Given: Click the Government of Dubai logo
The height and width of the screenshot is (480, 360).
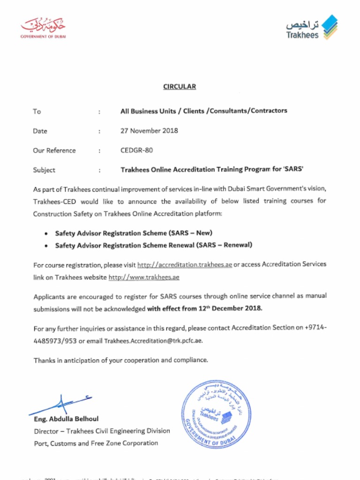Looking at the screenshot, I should (43, 28).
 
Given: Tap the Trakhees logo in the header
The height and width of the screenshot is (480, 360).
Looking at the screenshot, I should (311, 28).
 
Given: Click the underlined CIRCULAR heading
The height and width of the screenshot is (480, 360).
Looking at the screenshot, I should (180, 86).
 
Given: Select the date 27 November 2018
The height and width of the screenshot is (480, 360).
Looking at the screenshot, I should (149, 131).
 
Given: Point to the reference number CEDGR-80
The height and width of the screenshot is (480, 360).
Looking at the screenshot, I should (136, 150).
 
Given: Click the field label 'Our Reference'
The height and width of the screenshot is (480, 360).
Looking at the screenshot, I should (54, 150).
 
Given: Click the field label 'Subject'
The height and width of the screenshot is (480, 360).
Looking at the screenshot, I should (44, 170).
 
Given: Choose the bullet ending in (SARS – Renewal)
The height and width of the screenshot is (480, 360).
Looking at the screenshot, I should (154, 245).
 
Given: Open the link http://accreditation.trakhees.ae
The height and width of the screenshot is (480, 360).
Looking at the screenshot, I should (184, 264).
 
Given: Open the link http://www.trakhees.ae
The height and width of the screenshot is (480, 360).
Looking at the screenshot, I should (144, 277).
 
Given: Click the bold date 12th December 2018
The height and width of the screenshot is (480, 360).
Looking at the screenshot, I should (230, 308).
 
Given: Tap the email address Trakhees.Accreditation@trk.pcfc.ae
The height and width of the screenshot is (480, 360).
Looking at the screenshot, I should (153, 341).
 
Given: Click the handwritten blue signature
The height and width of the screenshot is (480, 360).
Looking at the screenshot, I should (61, 404).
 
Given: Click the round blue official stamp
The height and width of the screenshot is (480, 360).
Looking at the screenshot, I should (216, 415).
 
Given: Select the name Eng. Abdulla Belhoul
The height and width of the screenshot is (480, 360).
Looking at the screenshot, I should (66, 419).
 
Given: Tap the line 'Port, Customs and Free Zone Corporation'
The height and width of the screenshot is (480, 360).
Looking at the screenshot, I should (96, 443).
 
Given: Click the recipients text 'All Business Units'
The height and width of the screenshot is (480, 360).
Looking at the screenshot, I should (148, 111).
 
